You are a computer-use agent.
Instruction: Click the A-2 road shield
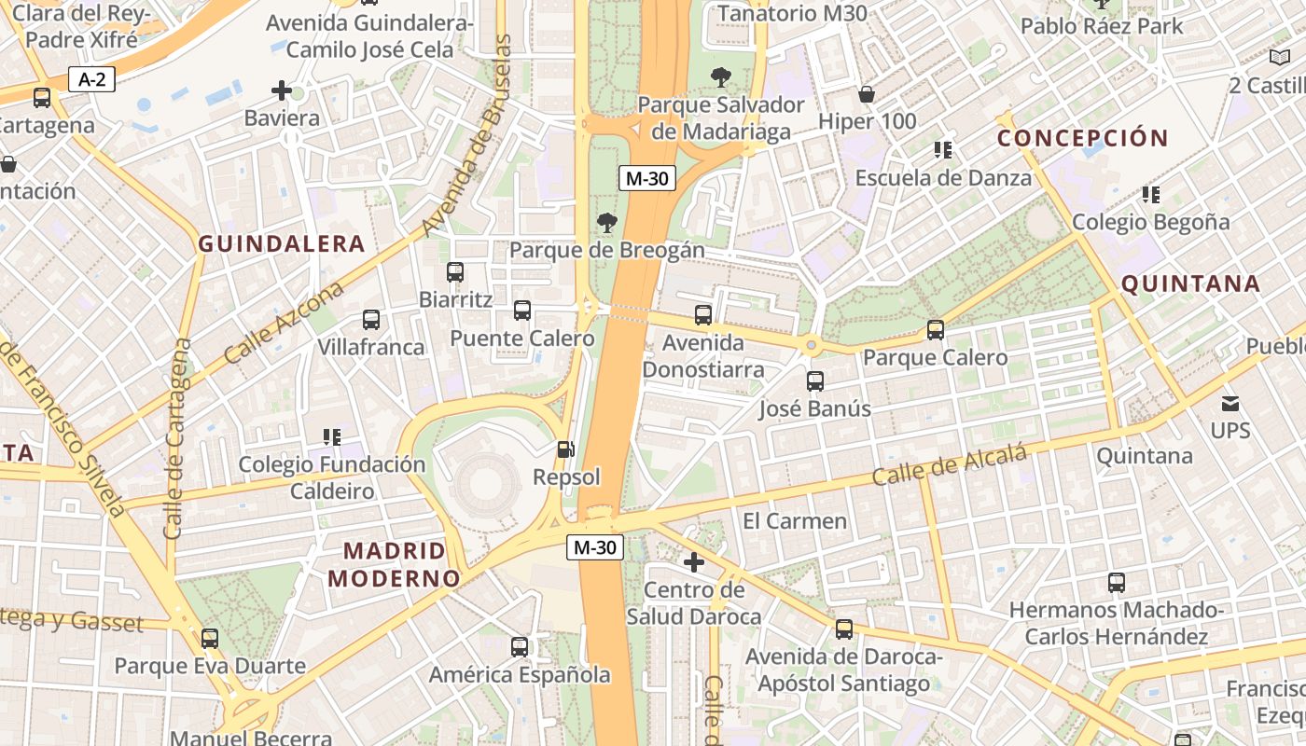pyautogui.click(x=91, y=79)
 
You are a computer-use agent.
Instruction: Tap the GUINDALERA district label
pyautogui.click(x=281, y=244)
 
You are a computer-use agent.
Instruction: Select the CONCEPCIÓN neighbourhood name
pyautogui.click(x=1083, y=138)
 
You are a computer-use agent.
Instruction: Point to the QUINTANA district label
pyautogui.click(x=1190, y=283)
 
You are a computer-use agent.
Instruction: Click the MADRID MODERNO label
pyautogui.click(x=394, y=564)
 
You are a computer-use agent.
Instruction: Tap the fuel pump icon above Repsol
pyautogui.click(x=565, y=449)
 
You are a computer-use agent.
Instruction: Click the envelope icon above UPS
pyautogui.click(x=1230, y=404)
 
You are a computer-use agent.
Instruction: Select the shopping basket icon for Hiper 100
pyautogui.click(x=867, y=94)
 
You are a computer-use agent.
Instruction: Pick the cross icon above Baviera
pyautogui.click(x=282, y=90)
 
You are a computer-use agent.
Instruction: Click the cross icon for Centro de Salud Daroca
pyautogui.click(x=694, y=562)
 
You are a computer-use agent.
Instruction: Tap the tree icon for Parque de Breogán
pyautogui.click(x=607, y=222)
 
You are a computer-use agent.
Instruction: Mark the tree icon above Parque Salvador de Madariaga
pyautogui.click(x=721, y=76)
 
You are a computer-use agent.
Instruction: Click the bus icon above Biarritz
pyautogui.click(x=455, y=272)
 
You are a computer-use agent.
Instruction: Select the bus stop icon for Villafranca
pyautogui.click(x=371, y=320)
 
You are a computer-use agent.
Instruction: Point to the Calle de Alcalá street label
pyautogui.click(x=949, y=464)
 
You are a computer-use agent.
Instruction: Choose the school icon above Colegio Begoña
pyautogui.click(x=1151, y=195)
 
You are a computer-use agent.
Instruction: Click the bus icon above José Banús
pyautogui.click(x=815, y=381)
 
